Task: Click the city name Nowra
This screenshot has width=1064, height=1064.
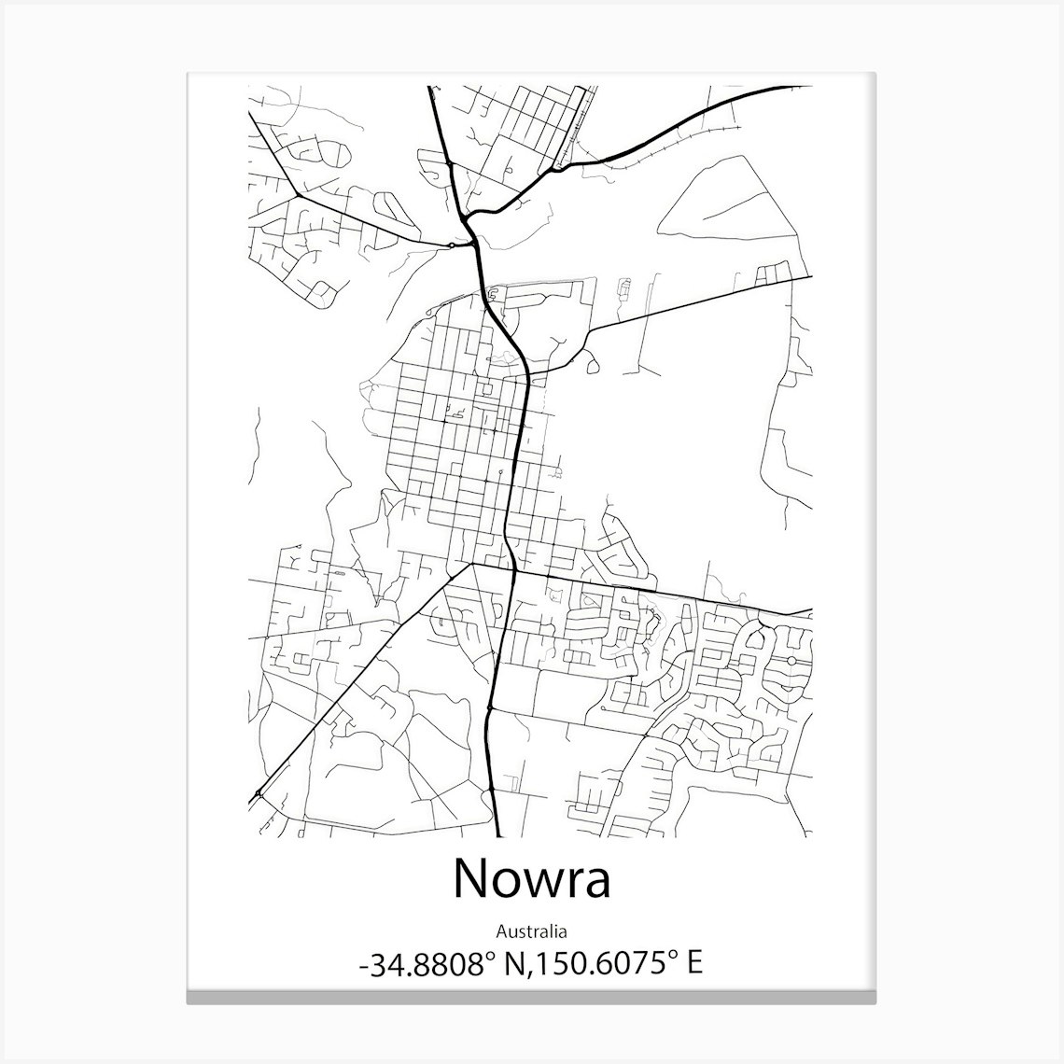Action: (531, 878)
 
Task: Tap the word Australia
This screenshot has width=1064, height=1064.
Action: (531, 931)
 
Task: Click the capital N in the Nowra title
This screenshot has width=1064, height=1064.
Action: (472, 878)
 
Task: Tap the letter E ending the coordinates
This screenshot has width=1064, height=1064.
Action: (693, 963)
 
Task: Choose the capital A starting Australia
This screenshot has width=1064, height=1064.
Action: (501, 931)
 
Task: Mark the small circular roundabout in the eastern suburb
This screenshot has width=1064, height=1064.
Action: (791, 661)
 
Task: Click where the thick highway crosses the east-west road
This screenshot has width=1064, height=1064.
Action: (513, 570)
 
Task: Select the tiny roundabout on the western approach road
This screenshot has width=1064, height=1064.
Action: (452, 245)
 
